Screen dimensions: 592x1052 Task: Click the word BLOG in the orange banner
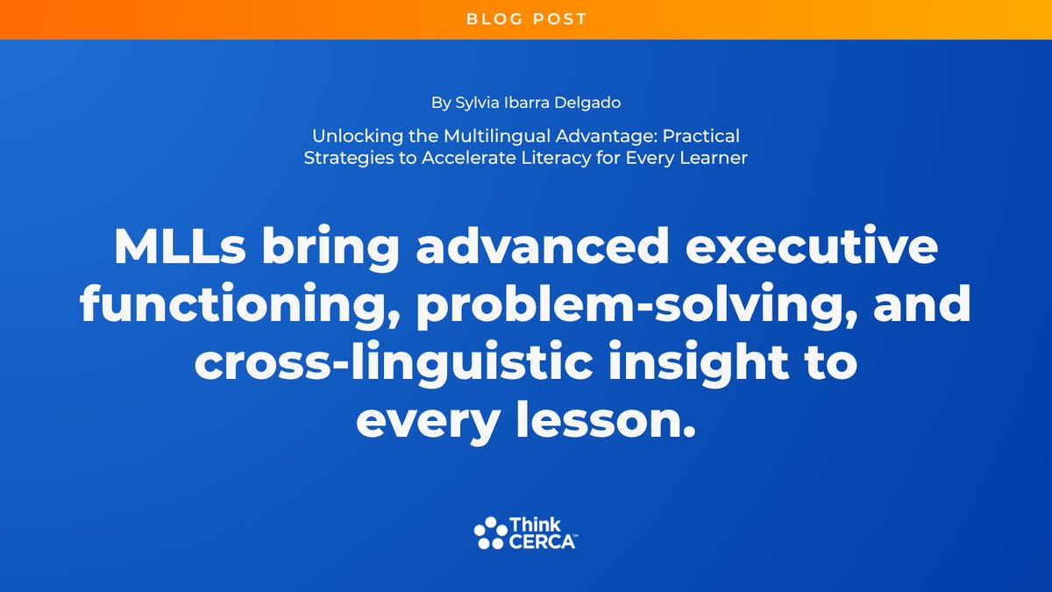(491, 18)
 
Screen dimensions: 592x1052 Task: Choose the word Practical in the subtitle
(701, 138)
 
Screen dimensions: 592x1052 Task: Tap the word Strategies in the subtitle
(341, 159)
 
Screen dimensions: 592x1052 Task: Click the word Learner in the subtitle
(716, 159)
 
